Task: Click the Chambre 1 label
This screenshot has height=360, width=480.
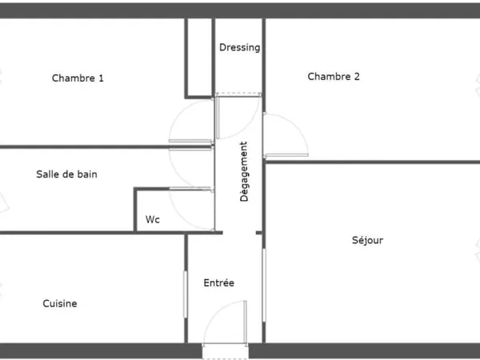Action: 78,78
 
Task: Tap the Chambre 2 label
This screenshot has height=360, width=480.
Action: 334,77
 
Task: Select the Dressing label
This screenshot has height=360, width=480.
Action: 240,47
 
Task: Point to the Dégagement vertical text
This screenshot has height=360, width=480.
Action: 244,171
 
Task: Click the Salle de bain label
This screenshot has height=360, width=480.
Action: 66,174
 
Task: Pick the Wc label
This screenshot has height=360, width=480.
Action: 153,219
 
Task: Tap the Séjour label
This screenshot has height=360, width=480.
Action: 367,240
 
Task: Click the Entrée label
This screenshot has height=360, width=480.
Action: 219,282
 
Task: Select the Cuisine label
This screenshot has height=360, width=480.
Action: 60,303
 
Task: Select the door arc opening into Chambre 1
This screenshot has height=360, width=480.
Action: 178,114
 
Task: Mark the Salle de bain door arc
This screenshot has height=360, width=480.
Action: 178,174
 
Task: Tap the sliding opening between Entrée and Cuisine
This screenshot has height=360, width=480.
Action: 186,294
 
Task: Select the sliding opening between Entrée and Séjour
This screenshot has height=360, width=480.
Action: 264,285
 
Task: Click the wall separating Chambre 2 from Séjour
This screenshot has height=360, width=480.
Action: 372,162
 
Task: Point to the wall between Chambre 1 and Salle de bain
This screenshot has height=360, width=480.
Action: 106,147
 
